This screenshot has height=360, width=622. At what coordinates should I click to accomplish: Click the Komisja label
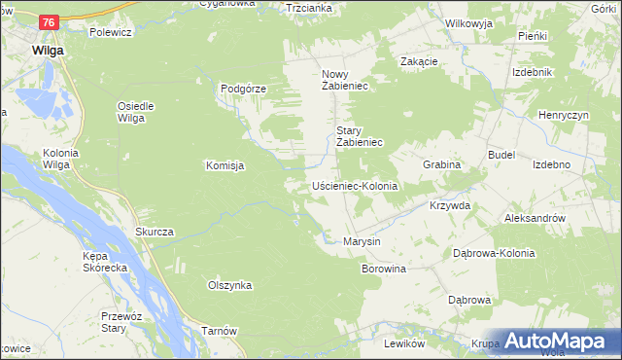pos(224,165)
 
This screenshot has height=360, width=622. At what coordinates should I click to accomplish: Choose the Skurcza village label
pos(155,232)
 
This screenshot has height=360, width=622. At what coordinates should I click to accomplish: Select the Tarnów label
pos(219,331)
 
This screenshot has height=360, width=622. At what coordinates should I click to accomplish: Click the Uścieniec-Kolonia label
pos(355,185)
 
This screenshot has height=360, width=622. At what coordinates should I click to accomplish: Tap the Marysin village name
pos(362,241)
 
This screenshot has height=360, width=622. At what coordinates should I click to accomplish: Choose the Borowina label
pos(383,268)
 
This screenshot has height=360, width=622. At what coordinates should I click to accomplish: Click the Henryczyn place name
pos(563,115)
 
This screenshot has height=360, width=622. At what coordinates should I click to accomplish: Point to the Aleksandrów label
pos(535,219)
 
